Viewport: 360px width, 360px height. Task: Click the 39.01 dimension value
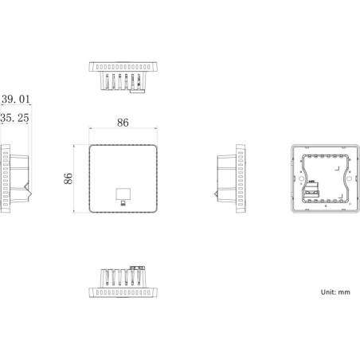click(17, 99)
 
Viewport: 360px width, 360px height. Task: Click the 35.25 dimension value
click(17, 117)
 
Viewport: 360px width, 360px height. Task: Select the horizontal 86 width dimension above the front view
click(123, 123)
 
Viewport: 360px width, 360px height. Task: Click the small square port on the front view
click(123, 194)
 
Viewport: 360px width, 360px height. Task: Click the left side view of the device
click(16, 179)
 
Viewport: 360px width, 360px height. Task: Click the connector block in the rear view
click(311, 189)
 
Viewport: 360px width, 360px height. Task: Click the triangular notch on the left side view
click(27, 191)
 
